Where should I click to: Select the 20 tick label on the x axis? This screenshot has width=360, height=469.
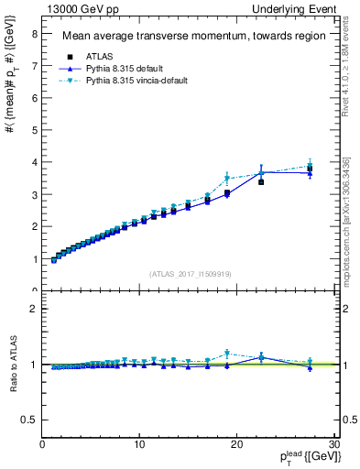click(x=236, y=444)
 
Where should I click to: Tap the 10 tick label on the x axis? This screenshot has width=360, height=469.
click(x=139, y=444)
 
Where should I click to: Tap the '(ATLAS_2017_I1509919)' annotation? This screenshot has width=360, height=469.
click(x=190, y=272)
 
